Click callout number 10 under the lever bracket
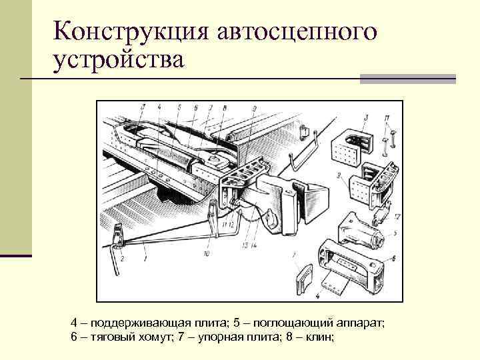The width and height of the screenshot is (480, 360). pyautogui.click(x=207, y=253)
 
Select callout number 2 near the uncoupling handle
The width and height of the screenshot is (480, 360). pyautogui.click(x=123, y=257)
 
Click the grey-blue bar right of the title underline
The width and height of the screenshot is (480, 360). pyautogui.click(x=408, y=79)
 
